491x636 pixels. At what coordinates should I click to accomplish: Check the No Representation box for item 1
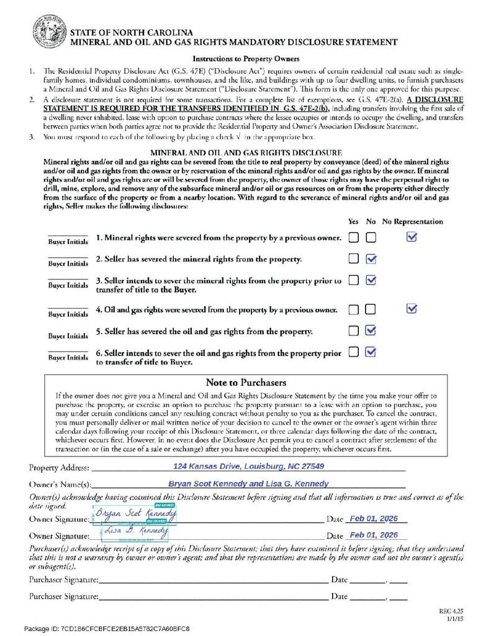tap(412, 237)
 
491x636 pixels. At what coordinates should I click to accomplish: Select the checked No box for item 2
tap(371, 258)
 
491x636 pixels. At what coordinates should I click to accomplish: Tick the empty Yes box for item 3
tap(353, 280)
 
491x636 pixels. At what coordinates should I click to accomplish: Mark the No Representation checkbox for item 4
tap(412, 309)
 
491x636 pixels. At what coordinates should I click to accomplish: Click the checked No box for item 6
tap(371, 352)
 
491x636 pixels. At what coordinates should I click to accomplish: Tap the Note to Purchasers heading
tap(245, 382)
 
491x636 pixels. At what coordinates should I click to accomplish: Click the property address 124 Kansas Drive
tap(248, 466)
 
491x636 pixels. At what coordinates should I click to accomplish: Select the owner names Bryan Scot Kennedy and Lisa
tap(248, 483)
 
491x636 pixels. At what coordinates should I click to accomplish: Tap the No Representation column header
tap(412, 221)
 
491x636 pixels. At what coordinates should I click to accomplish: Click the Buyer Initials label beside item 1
tap(68, 242)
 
